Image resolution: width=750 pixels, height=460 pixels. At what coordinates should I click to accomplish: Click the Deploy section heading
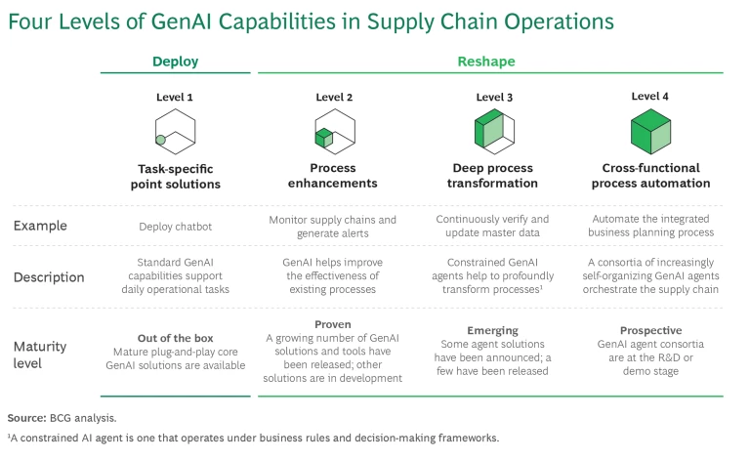point(175,62)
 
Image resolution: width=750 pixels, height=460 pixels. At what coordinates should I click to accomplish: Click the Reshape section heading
point(486,62)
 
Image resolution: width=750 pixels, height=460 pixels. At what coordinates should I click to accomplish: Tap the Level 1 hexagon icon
point(175,134)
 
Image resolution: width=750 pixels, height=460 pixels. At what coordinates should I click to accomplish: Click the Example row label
point(40,227)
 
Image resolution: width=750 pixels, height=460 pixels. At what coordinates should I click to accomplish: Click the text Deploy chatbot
point(175,227)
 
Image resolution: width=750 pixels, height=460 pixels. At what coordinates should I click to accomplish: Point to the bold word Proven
point(334,322)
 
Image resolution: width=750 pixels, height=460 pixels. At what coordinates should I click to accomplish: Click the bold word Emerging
point(493,330)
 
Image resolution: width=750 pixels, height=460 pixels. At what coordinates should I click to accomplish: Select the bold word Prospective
point(650,330)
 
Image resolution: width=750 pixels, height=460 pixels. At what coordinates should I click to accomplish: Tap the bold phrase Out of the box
point(175,338)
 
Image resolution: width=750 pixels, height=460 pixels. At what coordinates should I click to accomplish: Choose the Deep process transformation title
point(493,176)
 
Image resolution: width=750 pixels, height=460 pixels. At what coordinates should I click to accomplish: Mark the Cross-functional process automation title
point(650,176)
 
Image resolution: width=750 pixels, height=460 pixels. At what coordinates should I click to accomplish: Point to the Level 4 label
point(650,96)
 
